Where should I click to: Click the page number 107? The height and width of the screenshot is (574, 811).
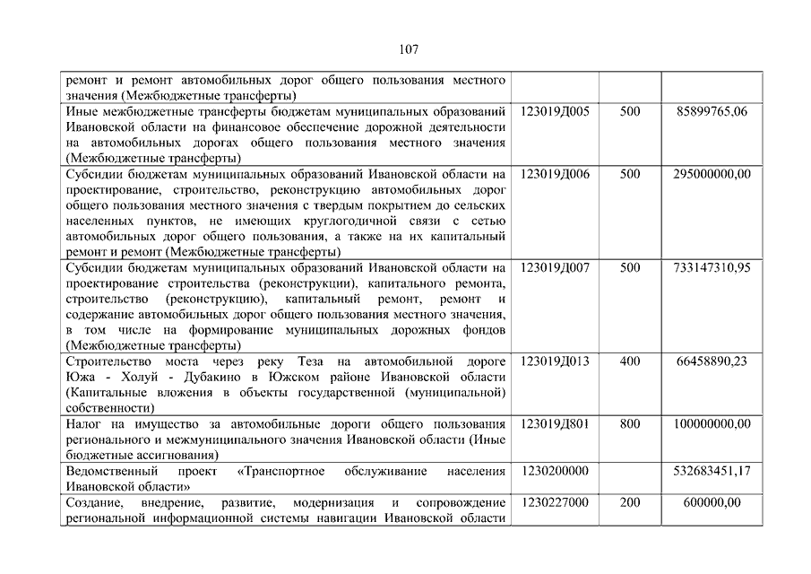(405, 49)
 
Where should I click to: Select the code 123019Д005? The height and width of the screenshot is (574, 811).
(555, 112)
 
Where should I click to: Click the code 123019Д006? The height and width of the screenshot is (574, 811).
(555, 174)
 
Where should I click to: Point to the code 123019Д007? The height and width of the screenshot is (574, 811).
(555, 267)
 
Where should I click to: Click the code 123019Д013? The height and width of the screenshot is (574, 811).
(555, 361)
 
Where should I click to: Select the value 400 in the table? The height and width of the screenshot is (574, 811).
(629, 361)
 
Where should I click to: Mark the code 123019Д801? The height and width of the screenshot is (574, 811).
(555, 424)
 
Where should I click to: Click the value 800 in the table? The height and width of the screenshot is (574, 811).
(629, 424)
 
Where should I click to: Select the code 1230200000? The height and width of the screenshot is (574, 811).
(555, 471)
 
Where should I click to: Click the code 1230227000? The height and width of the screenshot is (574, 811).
(555, 502)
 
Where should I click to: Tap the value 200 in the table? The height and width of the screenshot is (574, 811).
(629, 502)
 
